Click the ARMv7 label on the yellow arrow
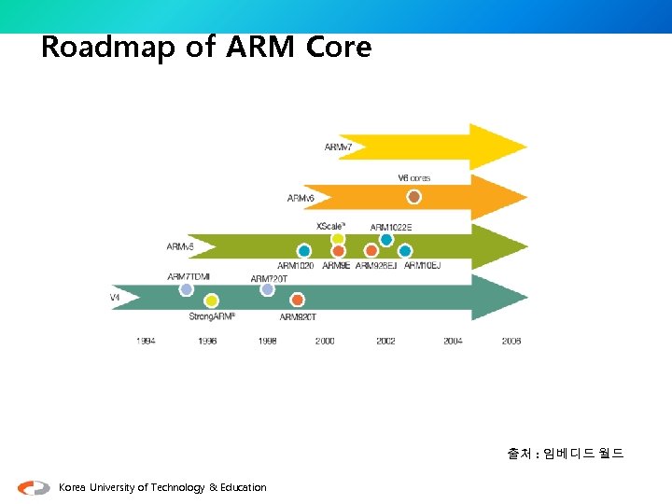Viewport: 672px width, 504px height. click(x=338, y=147)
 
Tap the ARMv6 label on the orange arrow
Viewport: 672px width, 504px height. click(x=301, y=198)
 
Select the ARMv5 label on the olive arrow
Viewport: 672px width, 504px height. click(x=180, y=247)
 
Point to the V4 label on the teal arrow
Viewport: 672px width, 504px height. click(x=115, y=298)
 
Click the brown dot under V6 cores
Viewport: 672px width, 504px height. click(x=414, y=197)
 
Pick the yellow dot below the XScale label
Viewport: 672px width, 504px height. click(x=338, y=239)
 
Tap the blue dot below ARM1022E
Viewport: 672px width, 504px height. click(x=386, y=240)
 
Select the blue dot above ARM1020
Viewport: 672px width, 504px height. click(x=304, y=251)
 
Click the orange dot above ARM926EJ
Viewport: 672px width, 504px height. click(x=371, y=251)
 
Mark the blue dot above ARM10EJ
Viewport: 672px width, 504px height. click(x=405, y=251)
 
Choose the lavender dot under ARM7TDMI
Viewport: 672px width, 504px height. click(x=187, y=289)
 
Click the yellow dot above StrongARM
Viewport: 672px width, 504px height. click(x=212, y=301)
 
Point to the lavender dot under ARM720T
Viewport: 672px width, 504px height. click(x=268, y=289)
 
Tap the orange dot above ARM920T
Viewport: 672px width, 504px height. click(x=298, y=300)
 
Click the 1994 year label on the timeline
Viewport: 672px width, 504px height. click(x=146, y=342)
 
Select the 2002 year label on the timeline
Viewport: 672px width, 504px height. click(x=385, y=342)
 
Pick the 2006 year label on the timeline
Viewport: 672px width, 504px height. click(x=511, y=342)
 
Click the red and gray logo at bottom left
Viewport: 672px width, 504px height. click(x=35, y=487)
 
